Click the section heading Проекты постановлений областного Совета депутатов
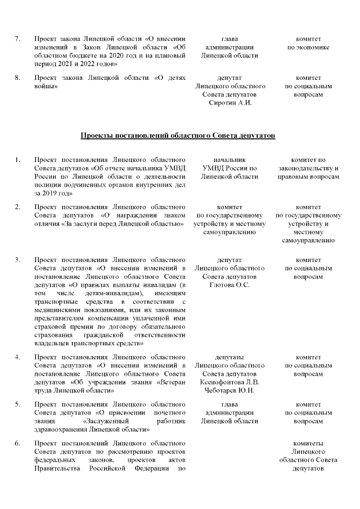click(x=178, y=136)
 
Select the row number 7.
click(x=17, y=39)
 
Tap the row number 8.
click(x=17, y=78)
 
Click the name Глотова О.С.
click(x=229, y=285)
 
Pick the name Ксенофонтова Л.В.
click(x=229, y=382)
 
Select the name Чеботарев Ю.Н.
click(x=229, y=391)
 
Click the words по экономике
click(x=308, y=47)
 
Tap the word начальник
click(x=229, y=160)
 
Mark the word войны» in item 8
click(x=47, y=87)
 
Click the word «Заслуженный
click(x=107, y=421)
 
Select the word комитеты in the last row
click(x=308, y=444)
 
